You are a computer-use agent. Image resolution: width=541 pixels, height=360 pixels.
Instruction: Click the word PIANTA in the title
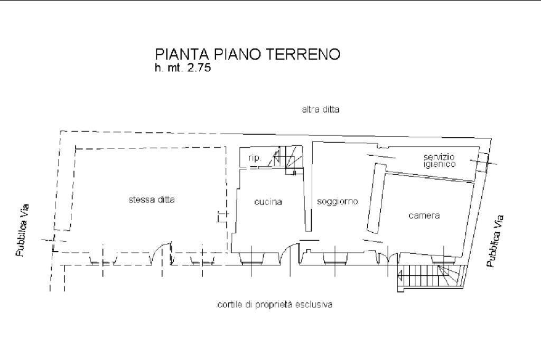click(x=182, y=54)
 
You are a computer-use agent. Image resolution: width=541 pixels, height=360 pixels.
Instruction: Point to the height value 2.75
click(x=199, y=68)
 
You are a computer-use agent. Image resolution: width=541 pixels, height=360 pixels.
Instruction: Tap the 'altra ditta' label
click(x=321, y=110)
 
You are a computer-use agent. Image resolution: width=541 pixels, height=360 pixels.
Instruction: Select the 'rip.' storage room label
click(x=255, y=158)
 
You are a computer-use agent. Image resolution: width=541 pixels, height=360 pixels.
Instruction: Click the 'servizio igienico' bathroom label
click(x=440, y=160)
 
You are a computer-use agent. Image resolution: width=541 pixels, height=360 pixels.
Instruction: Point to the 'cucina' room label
click(x=268, y=202)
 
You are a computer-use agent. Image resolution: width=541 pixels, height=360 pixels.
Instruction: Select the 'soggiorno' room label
click(x=338, y=202)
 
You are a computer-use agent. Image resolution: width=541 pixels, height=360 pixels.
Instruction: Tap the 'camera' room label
click(x=424, y=215)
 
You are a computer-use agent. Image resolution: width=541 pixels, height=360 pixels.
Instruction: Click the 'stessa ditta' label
click(x=152, y=200)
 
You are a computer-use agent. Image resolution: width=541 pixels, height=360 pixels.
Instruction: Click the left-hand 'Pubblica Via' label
click(x=22, y=230)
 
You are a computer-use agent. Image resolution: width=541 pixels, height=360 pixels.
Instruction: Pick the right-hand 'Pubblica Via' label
click(x=495, y=241)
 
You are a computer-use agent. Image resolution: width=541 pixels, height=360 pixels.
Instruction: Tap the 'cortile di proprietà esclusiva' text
click(x=275, y=305)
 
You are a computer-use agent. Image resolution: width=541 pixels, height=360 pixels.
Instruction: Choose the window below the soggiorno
click(x=334, y=258)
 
